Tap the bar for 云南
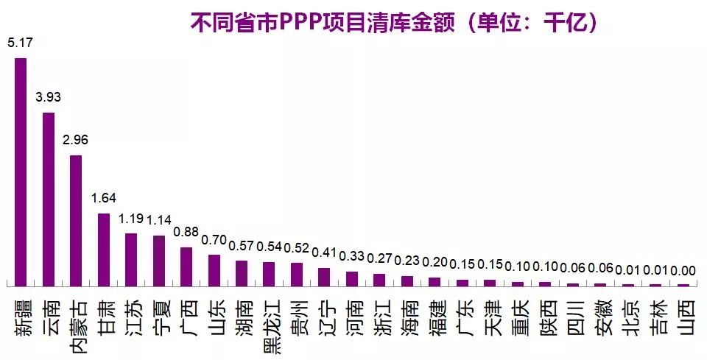[x=49, y=199]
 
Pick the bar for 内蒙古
[x=76, y=220]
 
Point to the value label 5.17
[x=20, y=43]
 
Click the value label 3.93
[x=49, y=97]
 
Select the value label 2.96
[x=76, y=140]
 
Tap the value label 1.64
[x=104, y=198]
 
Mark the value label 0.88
[x=186, y=232]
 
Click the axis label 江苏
[x=132, y=317]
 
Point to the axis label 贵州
[x=298, y=317]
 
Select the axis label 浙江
[x=380, y=317]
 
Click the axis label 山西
[x=684, y=317]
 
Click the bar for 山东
[x=214, y=269]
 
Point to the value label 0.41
[x=325, y=253]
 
